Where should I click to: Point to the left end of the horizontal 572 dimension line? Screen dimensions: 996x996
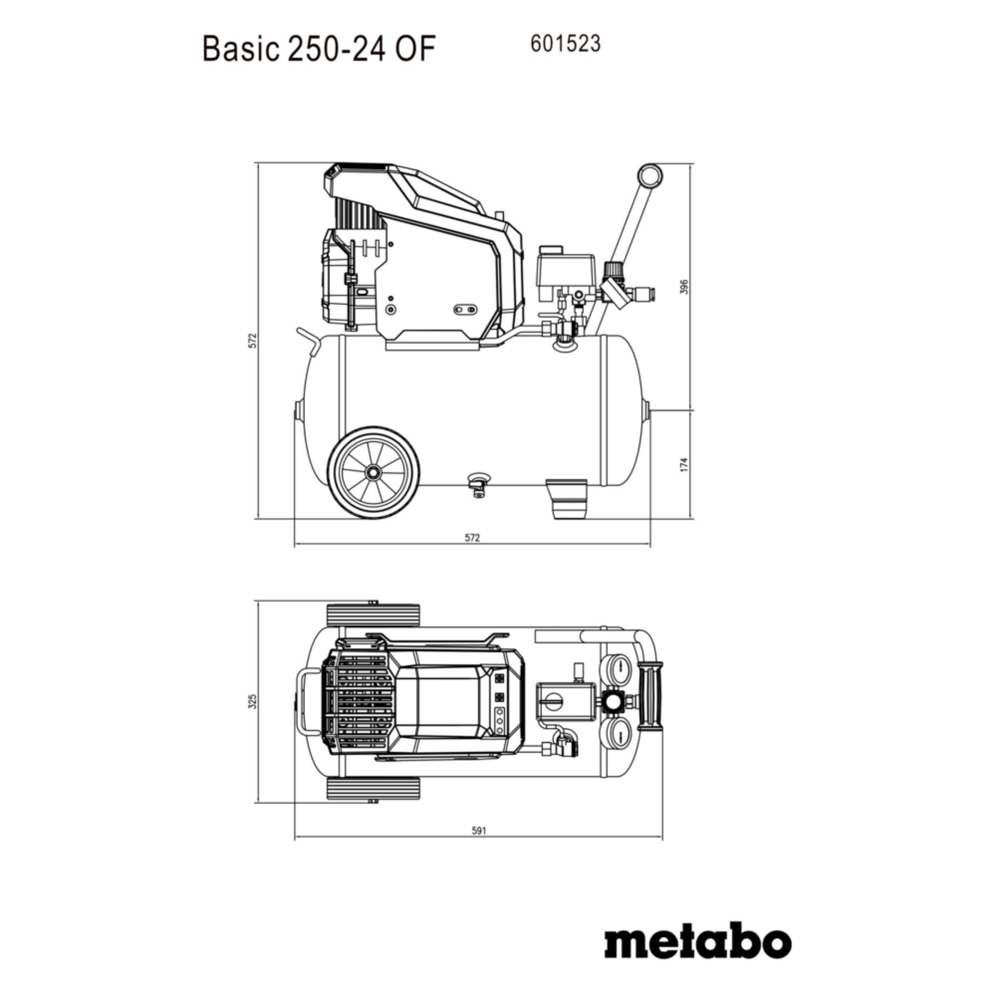[x=294, y=545]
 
